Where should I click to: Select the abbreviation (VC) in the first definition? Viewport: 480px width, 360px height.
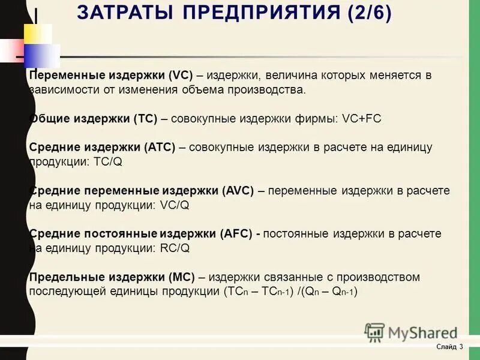179,76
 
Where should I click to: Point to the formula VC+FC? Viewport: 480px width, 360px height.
362,119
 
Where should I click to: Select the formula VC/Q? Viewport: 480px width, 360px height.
175,205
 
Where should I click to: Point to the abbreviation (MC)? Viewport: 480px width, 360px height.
180,277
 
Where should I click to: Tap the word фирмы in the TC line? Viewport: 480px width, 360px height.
319,119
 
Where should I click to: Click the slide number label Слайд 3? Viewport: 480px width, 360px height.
449,347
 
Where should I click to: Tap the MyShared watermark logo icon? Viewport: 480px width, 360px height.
374,332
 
